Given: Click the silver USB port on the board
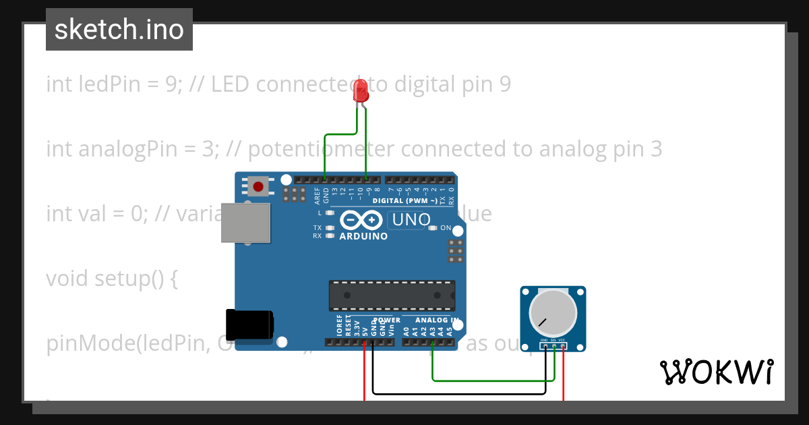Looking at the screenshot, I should point(247,223).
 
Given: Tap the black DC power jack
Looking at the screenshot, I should point(249,324).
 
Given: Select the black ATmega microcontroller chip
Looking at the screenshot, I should point(392,296).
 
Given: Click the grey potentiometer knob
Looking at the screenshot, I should point(553,312).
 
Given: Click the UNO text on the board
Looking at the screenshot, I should point(411,220).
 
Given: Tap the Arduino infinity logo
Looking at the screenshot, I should point(362,221).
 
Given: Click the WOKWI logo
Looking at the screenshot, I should point(716,372).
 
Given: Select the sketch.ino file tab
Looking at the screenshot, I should point(119,30).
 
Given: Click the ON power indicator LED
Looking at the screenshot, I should point(433,228).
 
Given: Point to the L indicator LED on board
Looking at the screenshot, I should point(330,213).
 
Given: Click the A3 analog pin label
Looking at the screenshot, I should point(432,331).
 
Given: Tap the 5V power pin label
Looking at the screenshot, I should point(365,331).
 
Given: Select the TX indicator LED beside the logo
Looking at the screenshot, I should point(330,228).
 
